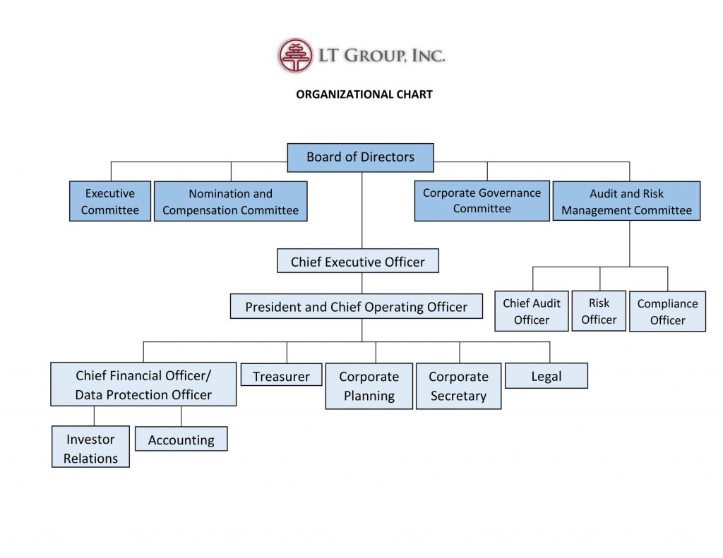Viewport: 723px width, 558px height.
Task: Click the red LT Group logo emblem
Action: [x=295, y=56]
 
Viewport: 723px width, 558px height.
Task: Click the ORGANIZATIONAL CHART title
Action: [x=364, y=94]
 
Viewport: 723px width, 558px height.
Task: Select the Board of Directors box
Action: [x=360, y=157]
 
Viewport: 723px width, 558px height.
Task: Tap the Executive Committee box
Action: [x=110, y=201]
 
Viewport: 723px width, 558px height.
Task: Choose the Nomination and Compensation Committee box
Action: [x=230, y=201]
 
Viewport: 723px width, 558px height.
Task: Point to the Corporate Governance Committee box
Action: [x=482, y=201]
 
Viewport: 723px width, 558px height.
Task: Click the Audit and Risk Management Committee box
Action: [x=626, y=201]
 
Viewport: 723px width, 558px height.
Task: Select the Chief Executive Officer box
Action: [x=358, y=261]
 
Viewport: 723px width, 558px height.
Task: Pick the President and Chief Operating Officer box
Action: [x=357, y=307]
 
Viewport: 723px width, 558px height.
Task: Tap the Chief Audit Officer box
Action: [x=532, y=311]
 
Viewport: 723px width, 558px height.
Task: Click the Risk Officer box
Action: [x=599, y=311]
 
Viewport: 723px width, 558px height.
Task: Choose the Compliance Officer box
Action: [x=667, y=312]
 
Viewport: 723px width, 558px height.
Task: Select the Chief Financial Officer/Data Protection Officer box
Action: [x=143, y=384]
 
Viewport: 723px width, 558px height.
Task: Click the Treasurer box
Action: [x=281, y=376]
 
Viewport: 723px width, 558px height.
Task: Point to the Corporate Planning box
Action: [x=369, y=386]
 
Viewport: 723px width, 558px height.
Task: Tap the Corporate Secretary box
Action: [x=458, y=386]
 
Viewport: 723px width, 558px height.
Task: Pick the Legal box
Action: [x=546, y=376]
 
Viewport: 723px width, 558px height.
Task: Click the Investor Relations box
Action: [x=90, y=448]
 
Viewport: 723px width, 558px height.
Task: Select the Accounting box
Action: [x=181, y=439]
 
